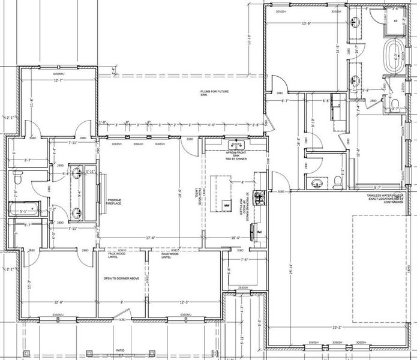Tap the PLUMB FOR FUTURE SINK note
[213, 93]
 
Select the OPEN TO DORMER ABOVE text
[121, 278]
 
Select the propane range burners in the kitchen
[260, 198]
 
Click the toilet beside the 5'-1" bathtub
[17, 178]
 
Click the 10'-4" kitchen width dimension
[235, 238]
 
